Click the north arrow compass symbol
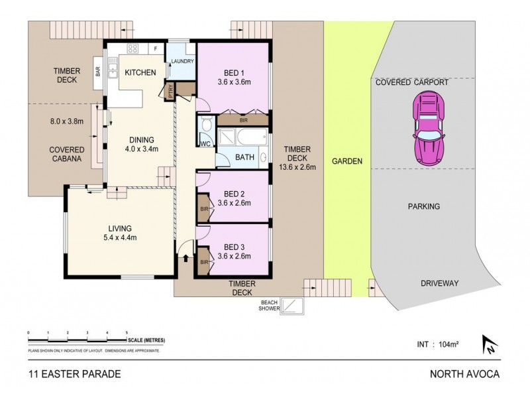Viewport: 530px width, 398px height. pyautogui.click(x=491, y=344)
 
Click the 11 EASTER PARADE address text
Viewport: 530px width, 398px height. pyautogui.click(x=74, y=374)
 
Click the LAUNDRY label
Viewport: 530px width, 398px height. pyautogui.click(x=182, y=62)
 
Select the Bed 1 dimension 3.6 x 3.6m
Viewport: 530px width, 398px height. pyautogui.click(x=234, y=82)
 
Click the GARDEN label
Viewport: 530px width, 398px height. pyautogui.click(x=346, y=161)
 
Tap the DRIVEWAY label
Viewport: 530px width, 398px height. pyautogui.click(x=439, y=283)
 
